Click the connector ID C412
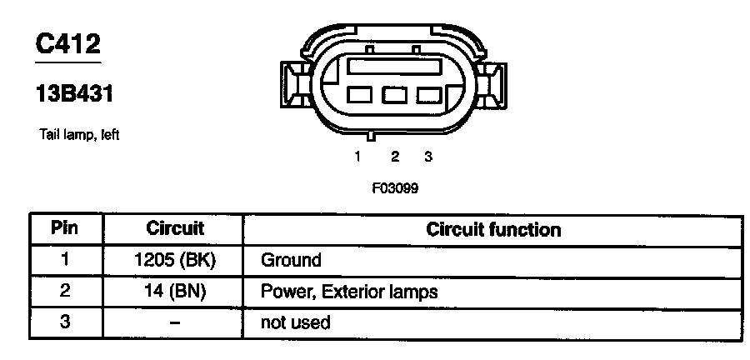(67, 45)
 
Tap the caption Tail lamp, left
(79, 133)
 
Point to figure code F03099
(394, 187)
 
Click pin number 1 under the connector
(357, 156)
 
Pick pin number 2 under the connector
(394, 156)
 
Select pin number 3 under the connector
(427, 156)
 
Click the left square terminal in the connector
(359, 95)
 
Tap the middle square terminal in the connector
(393, 95)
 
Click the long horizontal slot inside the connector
(393, 65)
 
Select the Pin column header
(65, 227)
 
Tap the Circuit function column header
(493, 228)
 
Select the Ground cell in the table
(291, 260)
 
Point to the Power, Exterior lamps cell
(349, 292)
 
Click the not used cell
(296, 322)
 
